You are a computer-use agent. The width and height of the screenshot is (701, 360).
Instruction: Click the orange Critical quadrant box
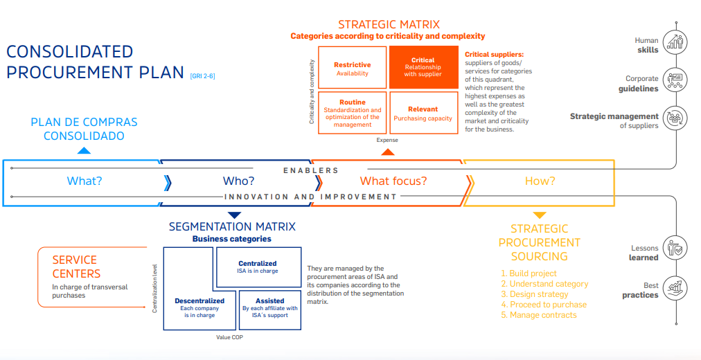pyautogui.click(x=423, y=67)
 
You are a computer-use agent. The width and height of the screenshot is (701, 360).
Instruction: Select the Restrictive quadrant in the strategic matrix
pyautogui.click(x=352, y=68)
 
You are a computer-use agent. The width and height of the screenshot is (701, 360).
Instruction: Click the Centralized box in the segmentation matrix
pyautogui.click(x=258, y=267)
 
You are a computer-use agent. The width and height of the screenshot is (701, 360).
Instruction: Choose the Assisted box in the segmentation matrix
pyautogui.click(x=269, y=308)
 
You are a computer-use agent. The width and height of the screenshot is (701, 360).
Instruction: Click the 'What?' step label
pyautogui.click(x=85, y=181)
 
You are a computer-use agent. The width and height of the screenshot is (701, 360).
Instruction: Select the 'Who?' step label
pyautogui.click(x=238, y=181)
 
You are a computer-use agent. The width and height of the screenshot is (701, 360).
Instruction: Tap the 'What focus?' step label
pyautogui.click(x=393, y=181)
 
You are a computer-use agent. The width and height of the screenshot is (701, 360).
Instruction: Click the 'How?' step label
pyautogui.click(x=540, y=181)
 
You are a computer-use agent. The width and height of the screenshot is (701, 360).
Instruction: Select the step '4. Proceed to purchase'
pyautogui.click(x=543, y=305)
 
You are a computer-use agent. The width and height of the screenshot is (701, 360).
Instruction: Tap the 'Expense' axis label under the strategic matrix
pyautogui.click(x=387, y=140)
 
